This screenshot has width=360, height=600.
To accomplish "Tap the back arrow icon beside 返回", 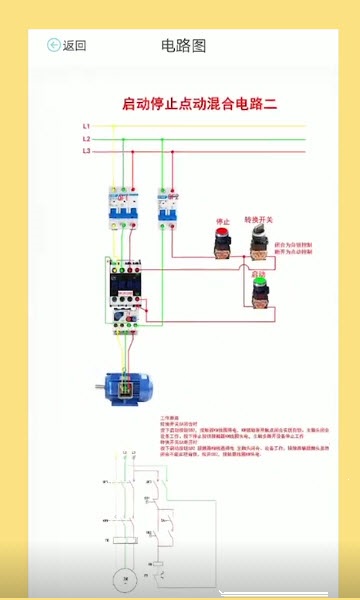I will [54, 45].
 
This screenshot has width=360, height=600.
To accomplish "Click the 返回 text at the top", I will [75, 45].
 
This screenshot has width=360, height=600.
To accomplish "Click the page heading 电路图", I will [183, 45].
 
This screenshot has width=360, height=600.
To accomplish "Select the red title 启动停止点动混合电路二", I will [198, 103].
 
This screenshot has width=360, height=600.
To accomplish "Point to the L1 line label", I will [87, 126].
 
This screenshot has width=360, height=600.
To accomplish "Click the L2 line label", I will [87, 138].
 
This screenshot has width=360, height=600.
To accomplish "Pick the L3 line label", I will [87, 150].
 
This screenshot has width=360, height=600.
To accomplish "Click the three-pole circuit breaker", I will [124, 208].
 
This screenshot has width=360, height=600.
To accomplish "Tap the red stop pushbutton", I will [220, 239].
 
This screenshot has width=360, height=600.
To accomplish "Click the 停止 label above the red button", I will [223, 220].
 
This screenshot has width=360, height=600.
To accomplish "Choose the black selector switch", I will [264, 238].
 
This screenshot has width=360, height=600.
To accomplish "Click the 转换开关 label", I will [266, 220].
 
